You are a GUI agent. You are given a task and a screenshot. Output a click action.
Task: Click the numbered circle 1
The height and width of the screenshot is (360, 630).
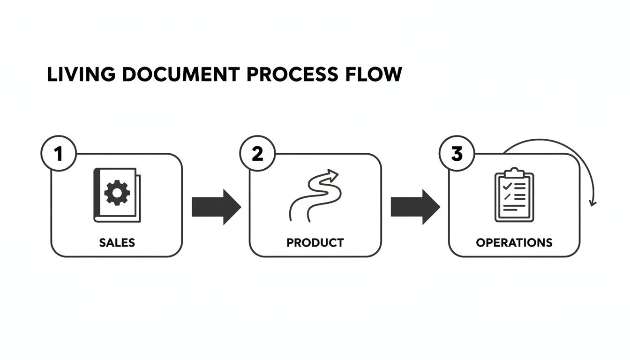[x=59, y=154]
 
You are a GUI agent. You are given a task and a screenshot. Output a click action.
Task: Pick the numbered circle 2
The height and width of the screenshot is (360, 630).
[x=257, y=154]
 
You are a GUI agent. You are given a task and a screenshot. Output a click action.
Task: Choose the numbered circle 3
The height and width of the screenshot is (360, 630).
[x=456, y=154]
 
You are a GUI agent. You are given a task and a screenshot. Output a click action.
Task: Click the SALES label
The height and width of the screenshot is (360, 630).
[x=117, y=243]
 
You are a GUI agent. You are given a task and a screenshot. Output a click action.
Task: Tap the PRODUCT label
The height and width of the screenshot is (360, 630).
[x=315, y=243]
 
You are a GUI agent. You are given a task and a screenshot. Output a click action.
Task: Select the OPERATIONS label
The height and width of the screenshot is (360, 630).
[x=514, y=243]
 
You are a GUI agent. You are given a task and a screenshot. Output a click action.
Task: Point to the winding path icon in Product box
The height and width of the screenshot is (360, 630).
[x=313, y=195]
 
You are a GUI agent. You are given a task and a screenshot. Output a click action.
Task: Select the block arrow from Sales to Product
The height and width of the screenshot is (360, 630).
[x=216, y=207]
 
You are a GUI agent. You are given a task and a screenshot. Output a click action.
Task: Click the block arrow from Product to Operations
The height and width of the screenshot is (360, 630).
[x=415, y=207]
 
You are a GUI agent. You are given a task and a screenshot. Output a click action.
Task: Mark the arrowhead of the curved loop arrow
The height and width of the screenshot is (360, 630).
[x=593, y=203]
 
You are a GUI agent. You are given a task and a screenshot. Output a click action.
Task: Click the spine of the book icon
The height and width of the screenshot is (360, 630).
[x=97, y=195]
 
